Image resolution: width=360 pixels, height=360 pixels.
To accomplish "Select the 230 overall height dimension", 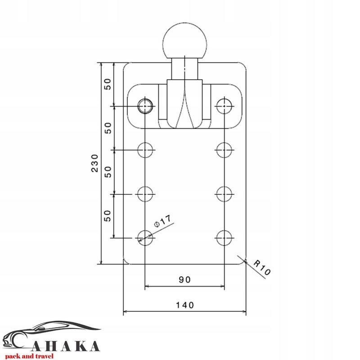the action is [94, 163].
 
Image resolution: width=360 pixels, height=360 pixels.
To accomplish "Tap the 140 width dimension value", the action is [185, 305].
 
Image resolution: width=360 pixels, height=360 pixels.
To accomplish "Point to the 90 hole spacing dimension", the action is [185, 279].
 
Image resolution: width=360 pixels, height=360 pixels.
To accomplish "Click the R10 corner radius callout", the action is [262, 267].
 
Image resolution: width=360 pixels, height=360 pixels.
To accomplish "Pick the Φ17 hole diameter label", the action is [162, 221].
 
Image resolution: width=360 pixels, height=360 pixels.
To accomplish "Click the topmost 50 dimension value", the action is [108, 84].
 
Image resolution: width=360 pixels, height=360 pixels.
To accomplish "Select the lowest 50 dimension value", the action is [107, 216].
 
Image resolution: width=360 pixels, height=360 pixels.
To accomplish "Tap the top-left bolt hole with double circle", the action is [145, 106].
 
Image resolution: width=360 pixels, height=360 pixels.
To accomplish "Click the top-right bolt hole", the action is [224, 106].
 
